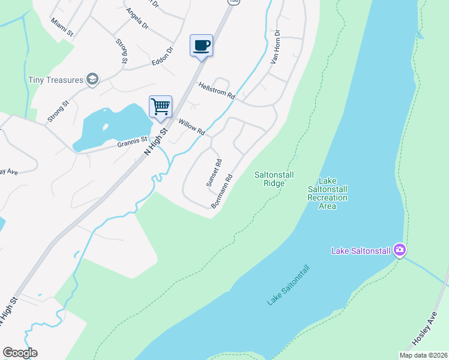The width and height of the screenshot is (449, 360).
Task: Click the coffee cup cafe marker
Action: coord(201,46)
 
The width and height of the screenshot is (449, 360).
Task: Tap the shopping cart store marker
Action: coord(160,107)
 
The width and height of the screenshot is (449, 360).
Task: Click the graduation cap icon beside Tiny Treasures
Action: coord(92,79)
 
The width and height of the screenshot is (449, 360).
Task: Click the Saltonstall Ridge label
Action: coord(273,179)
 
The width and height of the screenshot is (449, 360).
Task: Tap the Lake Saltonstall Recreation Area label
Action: coord(327,193)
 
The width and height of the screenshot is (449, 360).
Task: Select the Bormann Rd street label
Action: coord(221,191)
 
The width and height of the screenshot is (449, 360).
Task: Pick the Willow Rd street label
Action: coord(191,127)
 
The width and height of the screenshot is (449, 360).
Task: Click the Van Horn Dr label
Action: coord(276,49)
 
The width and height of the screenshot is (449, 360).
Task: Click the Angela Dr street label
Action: coord(137,19)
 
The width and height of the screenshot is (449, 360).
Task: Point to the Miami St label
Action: coord(62,26)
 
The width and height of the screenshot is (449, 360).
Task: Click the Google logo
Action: coord(20,353)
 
